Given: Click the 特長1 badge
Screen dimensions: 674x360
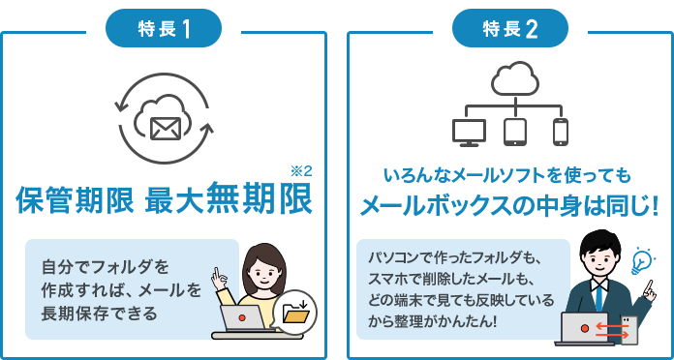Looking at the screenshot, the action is pos(166,28).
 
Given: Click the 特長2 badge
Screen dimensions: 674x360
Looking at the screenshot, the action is pos(509,28).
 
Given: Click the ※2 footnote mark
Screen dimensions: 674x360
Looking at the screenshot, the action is pos(301,171).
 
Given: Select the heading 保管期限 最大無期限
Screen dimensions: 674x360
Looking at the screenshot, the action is pos(164,200).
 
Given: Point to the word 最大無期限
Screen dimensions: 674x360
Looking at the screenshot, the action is pos(229,200).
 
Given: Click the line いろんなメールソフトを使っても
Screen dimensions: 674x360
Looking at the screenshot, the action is pos(507,176).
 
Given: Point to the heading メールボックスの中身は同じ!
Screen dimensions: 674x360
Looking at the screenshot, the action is pos(508,206).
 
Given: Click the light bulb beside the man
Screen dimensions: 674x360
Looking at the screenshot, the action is pos(641,261).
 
